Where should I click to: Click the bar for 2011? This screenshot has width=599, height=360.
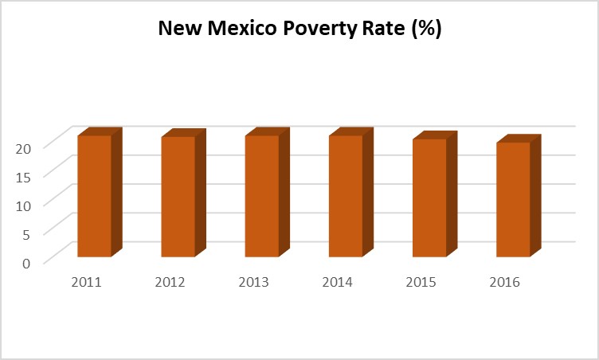coord(95,196)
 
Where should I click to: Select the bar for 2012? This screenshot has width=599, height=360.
coord(178,197)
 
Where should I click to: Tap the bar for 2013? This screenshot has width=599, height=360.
coord(262,196)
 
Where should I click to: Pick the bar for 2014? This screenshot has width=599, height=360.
coord(346,196)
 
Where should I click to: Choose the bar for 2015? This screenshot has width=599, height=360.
coord(429,198)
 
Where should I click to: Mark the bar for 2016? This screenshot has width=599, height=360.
coord(513,199)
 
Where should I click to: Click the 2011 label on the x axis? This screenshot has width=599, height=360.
coord(86,282)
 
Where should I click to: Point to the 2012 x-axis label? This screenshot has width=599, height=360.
coord(170,282)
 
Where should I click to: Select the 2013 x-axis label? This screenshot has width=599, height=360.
coord(254,282)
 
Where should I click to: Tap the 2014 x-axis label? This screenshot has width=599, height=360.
coord(338,282)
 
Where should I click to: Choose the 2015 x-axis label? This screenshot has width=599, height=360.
coord(421,282)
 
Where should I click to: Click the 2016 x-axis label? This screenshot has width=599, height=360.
coord(505,282)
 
